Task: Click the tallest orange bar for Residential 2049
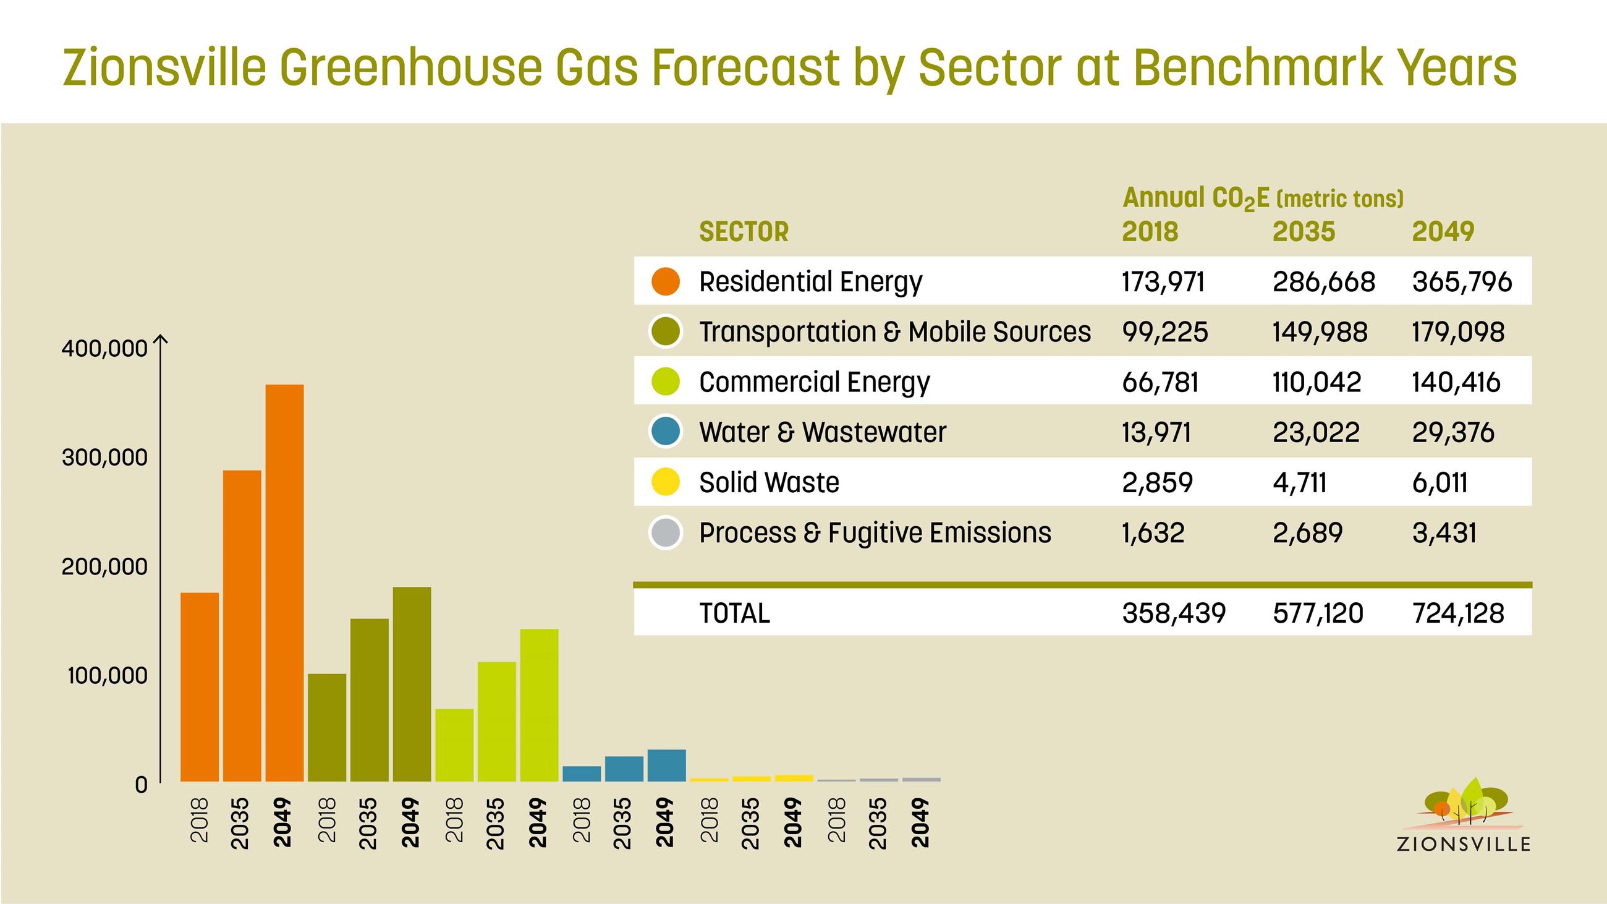point(284,582)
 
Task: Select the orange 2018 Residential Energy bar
point(200,686)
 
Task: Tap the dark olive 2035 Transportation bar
point(370,699)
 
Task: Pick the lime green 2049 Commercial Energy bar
point(539,705)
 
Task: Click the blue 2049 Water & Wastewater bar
point(666,765)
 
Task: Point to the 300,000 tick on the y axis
point(105,458)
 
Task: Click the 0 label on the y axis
point(142,784)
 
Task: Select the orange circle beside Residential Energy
point(665,281)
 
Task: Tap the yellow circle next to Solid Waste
point(665,482)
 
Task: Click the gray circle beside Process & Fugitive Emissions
point(665,533)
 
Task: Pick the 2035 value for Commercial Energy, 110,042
point(1317,382)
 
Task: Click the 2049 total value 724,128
point(1458,613)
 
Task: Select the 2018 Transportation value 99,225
point(1164,332)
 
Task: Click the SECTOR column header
point(744,231)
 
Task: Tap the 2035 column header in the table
point(1304,231)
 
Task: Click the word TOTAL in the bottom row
point(734,613)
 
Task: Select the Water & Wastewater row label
point(822,432)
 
